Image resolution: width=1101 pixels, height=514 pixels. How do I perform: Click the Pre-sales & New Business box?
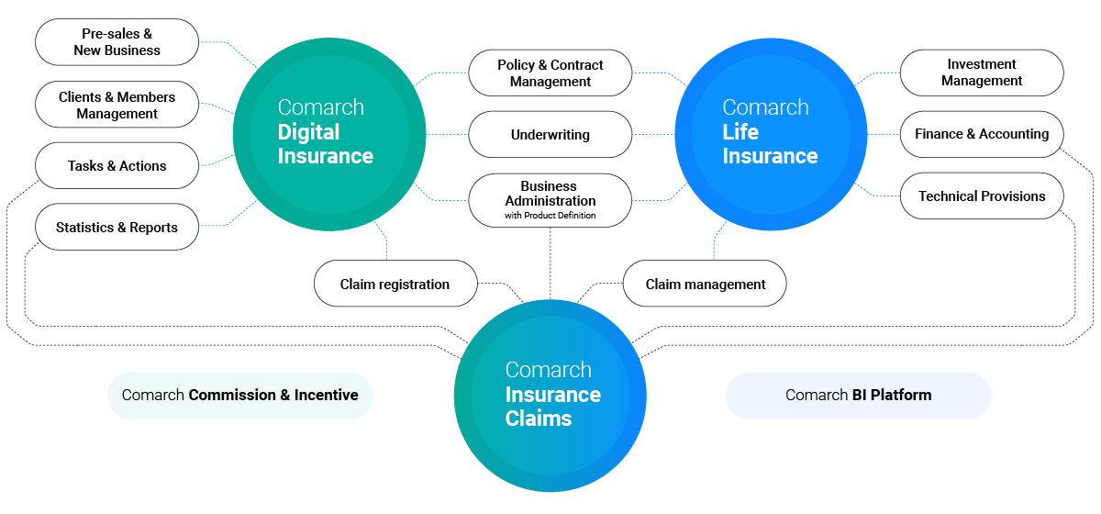coord(117,42)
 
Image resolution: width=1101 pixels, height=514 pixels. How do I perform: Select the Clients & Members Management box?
coord(117,105)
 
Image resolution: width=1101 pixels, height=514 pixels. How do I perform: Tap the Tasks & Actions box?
coord(117,166)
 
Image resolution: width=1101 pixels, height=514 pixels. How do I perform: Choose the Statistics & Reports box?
coord(117,228)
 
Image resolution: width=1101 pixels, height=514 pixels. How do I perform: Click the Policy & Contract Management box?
coord(550,73)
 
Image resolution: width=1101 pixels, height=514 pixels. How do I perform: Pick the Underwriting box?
coord(550,135)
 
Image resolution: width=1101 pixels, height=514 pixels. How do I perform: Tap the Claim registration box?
coord(395,284)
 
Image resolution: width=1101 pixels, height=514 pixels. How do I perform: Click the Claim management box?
coord(705,284)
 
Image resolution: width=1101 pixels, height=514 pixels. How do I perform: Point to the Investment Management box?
coord(982,73)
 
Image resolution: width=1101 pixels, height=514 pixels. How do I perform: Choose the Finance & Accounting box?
coord(982,134)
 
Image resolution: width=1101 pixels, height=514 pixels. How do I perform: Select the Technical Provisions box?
coord(982,196)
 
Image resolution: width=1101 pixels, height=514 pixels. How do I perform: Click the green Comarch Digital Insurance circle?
coord(329,134)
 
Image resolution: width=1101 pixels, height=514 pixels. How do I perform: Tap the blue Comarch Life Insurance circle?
coord(772,134)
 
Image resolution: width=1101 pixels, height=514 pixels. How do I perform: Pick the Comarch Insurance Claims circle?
coord(550,396)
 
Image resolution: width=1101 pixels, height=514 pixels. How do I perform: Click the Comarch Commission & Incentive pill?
coord(239,396)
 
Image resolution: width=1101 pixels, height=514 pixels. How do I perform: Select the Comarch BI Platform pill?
coord(858,396)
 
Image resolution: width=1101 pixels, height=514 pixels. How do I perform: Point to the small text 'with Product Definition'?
coord(550,216)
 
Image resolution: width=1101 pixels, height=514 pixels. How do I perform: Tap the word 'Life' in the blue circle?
coord(740,132)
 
